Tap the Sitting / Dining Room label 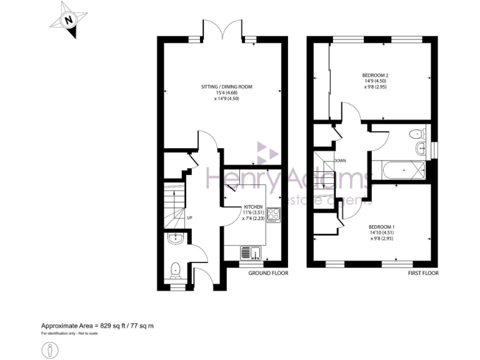coord(226,87)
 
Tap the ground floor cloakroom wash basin coord(175,237)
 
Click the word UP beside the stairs coord(190,217)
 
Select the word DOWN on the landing coord(340,161)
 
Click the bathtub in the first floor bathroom coord(398,169)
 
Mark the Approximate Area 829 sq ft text coord(97,326)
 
